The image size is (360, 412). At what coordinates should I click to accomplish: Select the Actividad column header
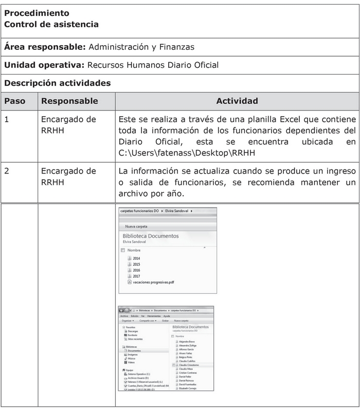pos(237,101)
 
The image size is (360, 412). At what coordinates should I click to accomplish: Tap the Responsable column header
pos(69,101)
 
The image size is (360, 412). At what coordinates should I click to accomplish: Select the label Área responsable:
pos(45,47)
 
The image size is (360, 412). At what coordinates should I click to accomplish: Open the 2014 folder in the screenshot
pos(136,258)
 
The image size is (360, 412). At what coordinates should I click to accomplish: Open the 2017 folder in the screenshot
pos(136,276)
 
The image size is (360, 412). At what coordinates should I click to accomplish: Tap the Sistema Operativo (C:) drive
pos(138,374)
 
